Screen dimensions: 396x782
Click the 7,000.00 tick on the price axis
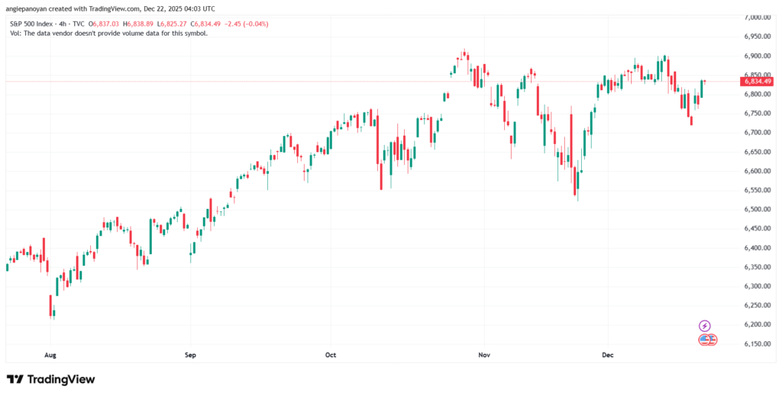(755, 17)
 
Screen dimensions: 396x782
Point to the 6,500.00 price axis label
(755, 209)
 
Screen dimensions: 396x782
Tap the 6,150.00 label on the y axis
(755, 344)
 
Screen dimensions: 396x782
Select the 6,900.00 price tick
(755, 56)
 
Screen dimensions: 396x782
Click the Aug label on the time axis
(50, 355)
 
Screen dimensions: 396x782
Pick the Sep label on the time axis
(190, 355)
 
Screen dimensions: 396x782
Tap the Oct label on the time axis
(331, 355)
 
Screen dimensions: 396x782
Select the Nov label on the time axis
(482, 355)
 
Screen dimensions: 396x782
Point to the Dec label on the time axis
(609, 355)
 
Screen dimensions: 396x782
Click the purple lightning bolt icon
(705, 326)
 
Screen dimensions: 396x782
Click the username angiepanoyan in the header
(30, 8)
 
